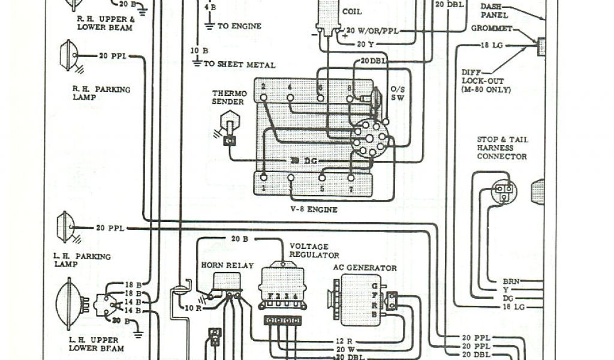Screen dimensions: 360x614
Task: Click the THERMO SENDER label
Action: click(228, 98)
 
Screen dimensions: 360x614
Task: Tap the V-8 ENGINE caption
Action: click(311, 209)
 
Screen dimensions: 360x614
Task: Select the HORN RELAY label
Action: click(227, 265)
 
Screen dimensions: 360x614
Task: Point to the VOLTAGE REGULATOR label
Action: click(309, 251)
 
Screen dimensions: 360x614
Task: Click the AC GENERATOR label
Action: click(365, 268)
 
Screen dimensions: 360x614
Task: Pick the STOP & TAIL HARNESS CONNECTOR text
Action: click(502, 148)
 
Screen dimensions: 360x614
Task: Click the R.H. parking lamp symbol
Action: click(67, 55)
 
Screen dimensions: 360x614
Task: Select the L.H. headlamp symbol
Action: click(71, 303)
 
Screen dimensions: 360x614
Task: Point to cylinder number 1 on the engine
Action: click(263, 188)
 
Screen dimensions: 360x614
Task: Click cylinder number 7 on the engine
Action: click(351, 188)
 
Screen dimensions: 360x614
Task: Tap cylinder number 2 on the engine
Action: click(263, 88)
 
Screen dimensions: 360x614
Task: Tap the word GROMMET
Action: click(491, 28)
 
